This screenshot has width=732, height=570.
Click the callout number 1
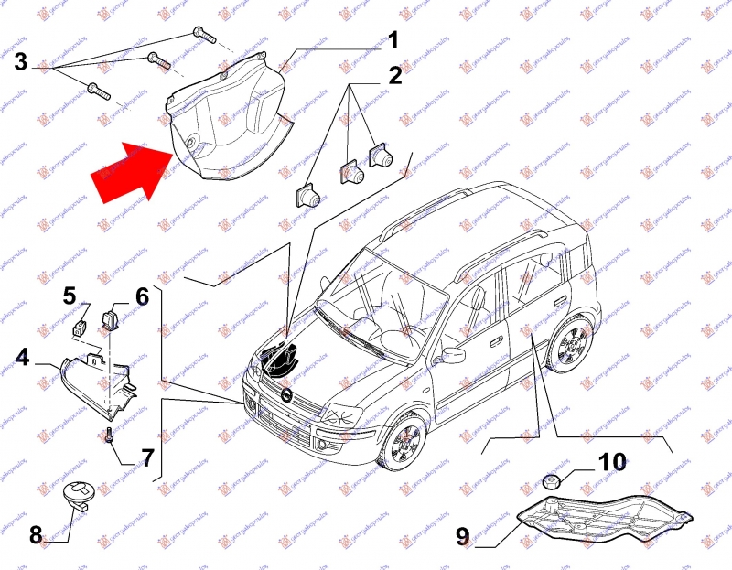[393, 40]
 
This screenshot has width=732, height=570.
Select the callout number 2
[394, 75]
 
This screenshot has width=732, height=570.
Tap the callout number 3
[20, 63]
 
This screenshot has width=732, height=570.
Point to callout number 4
[20, 358]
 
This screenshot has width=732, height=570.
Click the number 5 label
[70, 296]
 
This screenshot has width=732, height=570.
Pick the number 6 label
[142, 296]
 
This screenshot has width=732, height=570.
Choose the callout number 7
[145, 457]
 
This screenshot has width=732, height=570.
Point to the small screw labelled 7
[110, 437]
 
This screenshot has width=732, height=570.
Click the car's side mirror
[449, 354]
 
